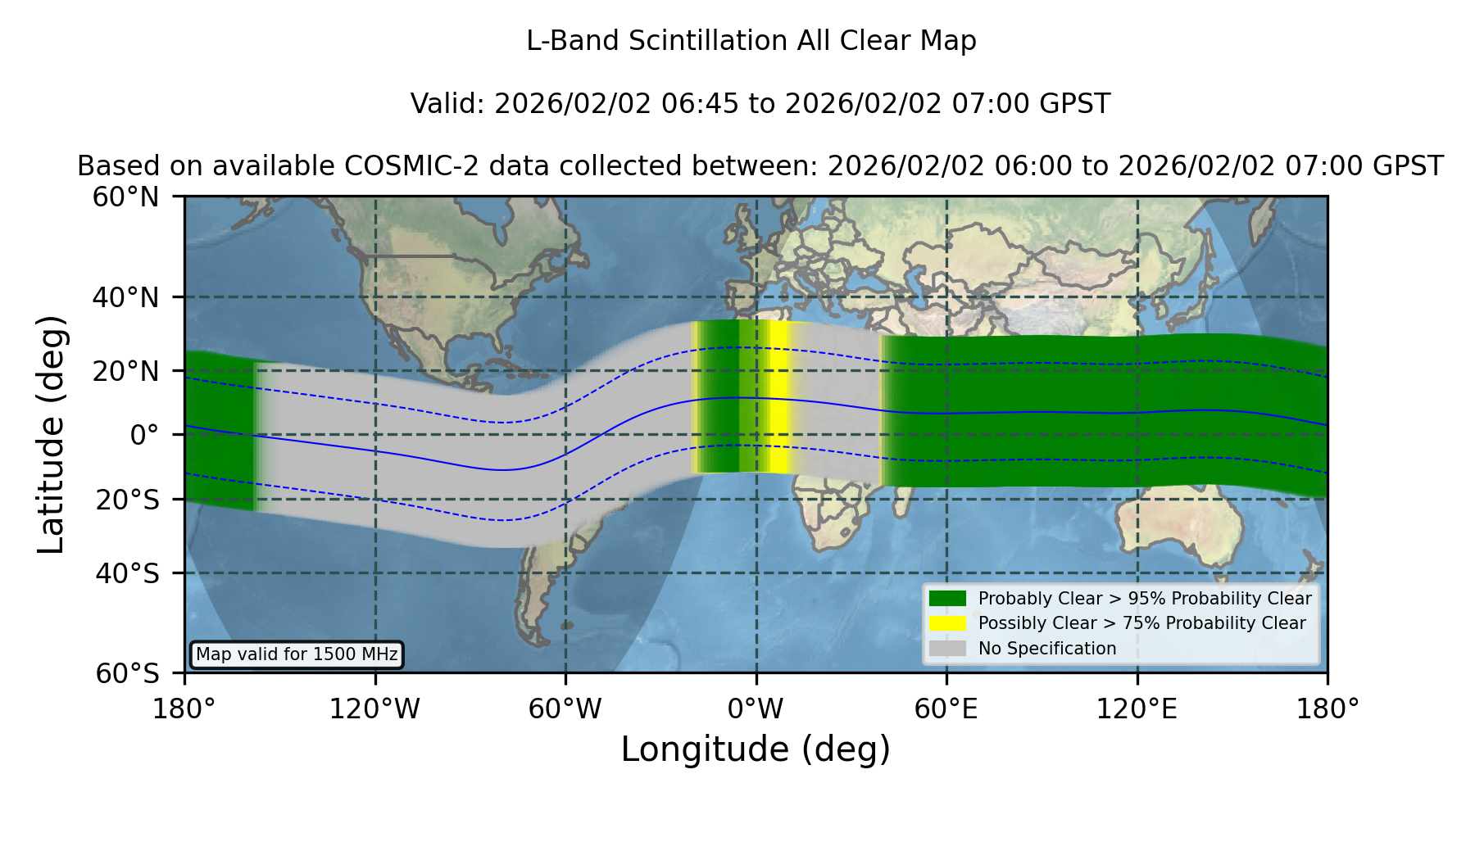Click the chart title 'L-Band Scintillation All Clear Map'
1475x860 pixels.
click(x=751, y=41)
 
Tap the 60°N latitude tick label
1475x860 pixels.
click(x=125, y=197)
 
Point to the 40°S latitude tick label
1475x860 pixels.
click(x=127, y=573)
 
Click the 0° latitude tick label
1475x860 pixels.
click(x=144, y=435)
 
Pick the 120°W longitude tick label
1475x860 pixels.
click(x=374, y=709)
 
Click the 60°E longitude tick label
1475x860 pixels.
click(x=946, y=709)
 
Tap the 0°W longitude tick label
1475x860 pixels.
click(x=756, y=709)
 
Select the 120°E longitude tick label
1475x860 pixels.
click(x=1137, y=709)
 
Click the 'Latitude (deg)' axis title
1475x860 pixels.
click(x=52, y=434)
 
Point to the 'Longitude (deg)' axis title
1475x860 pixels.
click(x=756, y=749)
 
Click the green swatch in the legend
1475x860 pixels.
click(x=947, y=599)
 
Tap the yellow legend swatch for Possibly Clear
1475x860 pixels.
click(x=947, y=623)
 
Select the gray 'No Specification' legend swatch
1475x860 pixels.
click(x=947, y=649)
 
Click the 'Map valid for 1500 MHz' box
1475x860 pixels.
click(x=297, y=654)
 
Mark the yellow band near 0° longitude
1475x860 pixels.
click(x=774, y=397)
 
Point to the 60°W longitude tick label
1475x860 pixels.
click(x=565, y=709)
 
